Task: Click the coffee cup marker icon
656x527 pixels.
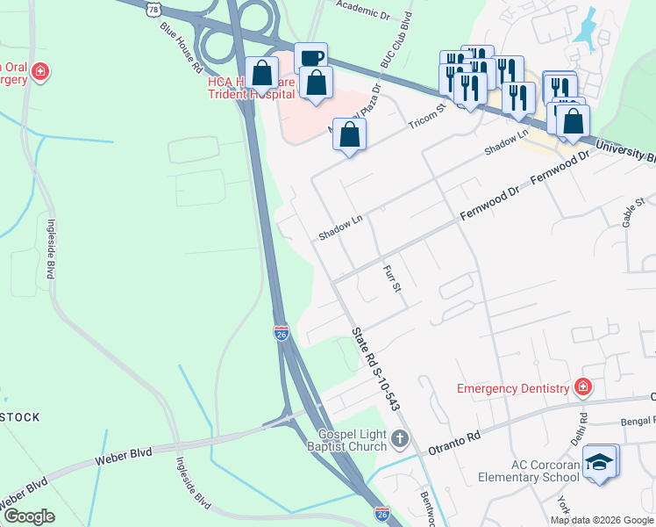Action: coord(310,58)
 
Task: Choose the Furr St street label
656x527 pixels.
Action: coord(391,278)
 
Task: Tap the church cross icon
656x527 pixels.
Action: coord(400,437)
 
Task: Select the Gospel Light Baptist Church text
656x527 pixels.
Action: coord(342,439)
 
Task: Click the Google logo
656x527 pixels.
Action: coord(29,516)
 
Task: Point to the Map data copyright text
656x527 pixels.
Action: coord(602,520)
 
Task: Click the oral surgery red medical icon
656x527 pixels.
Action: coord(39,69)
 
